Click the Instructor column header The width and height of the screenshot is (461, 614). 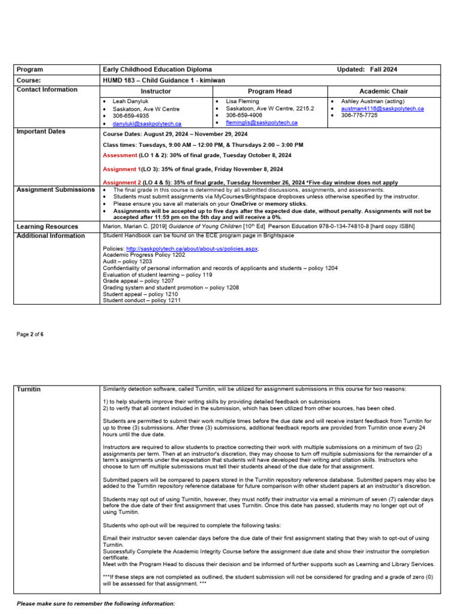[155, 91]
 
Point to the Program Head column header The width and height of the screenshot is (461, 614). [270, 91]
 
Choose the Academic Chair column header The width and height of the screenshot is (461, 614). [383, 91]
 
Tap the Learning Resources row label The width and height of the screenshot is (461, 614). [47, 227]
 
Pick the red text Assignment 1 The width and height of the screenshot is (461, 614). [122, 170]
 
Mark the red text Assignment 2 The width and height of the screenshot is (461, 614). [122, 182]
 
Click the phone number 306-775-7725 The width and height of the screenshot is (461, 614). [360, 115]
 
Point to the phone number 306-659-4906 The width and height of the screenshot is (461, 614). [244, 115]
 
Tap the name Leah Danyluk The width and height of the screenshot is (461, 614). [130, 101]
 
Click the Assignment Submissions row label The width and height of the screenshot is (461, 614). [56, 189]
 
